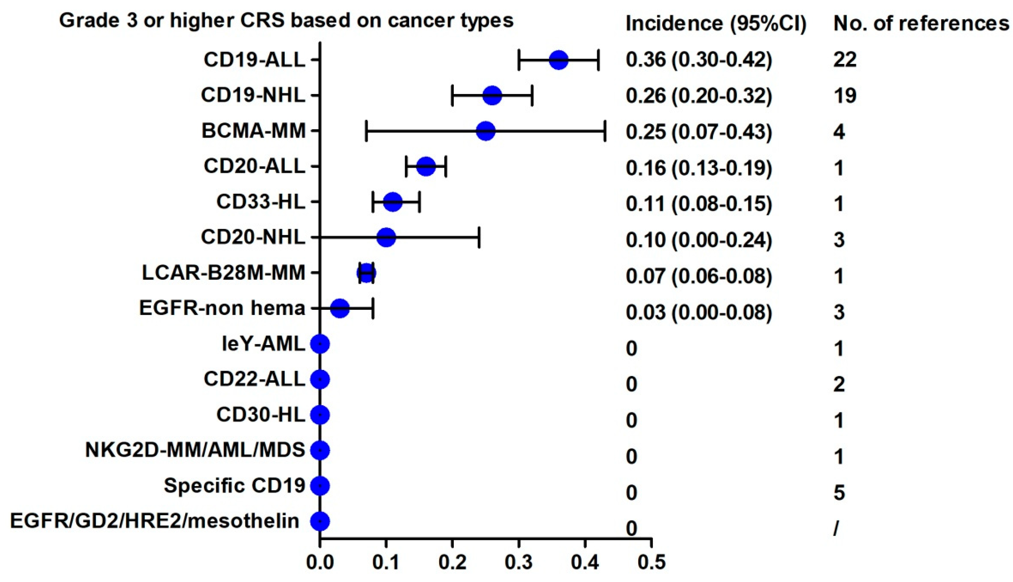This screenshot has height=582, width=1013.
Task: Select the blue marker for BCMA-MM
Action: tap(486, 131)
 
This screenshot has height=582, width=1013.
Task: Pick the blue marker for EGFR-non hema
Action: tap(340, 308)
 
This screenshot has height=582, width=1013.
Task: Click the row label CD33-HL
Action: tap(260, 202)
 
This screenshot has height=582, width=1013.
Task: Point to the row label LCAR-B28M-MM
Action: tap(223, 273)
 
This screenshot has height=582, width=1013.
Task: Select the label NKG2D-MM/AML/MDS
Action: tap(195, 450)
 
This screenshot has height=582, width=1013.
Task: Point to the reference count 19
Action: tap(845, 96)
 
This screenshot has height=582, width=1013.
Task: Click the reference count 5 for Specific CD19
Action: tap(839, 493)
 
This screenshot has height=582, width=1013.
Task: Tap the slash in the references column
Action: tap(836, 529)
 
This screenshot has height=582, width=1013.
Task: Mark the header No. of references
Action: tap(921, 24)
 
